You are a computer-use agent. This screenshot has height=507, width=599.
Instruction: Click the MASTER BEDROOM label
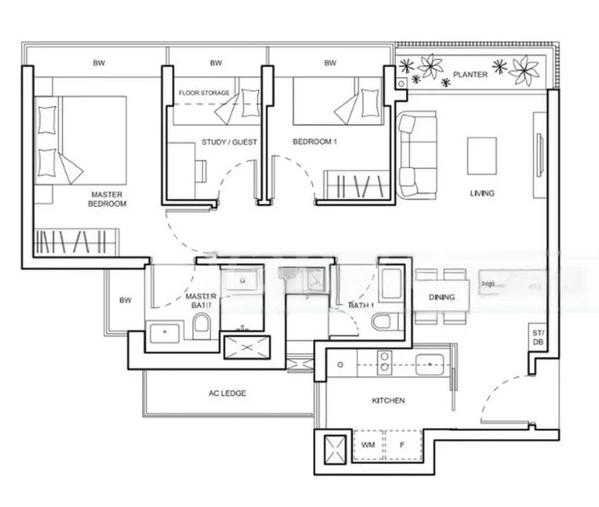click(x=107, y=199)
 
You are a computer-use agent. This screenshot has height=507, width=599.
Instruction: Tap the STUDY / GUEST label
click(x=229, y=142)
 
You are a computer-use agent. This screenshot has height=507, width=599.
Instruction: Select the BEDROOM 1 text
click(x=315, y=142)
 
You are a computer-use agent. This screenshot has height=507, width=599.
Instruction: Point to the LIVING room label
click(x=482, y=194)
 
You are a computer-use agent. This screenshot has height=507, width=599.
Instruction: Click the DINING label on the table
click(x=442, y=297)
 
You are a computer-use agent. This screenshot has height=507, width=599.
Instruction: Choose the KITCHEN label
click(x=387, y=401)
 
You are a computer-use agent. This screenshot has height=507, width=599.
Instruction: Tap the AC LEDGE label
click(x=227, y=393)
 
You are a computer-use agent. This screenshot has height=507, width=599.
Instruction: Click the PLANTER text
click(x=470, y=74)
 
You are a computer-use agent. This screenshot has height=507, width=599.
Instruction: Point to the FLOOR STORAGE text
click(x=204, y=93)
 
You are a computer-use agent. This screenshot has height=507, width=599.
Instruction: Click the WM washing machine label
click(x=368, y=444)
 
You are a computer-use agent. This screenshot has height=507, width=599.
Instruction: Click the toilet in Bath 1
click(x=383, y=321)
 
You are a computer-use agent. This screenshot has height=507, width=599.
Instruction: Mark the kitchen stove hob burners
click(x=383, y=364)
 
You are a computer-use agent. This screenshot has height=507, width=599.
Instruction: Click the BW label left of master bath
click(x=125, y=300)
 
